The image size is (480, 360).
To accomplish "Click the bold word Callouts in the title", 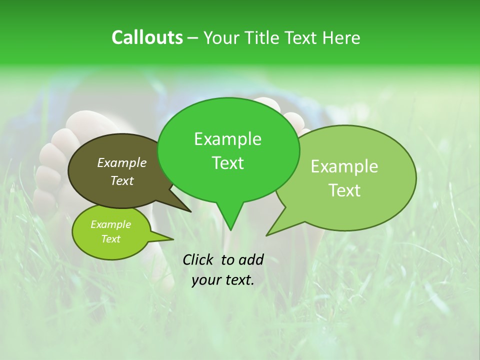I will point(147,37).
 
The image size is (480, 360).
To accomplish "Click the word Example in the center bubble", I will point(228,139).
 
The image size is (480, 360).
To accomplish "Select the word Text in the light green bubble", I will point(345,190).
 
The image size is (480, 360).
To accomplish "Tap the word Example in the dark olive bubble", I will point(122,162).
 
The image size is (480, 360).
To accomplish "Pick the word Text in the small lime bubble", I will point(111,239).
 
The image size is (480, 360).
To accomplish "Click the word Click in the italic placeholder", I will point(198,259).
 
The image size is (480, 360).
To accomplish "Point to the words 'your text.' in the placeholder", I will point(223,280).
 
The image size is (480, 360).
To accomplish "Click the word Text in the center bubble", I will point(228,163).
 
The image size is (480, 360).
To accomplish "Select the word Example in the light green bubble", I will point(344,166).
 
